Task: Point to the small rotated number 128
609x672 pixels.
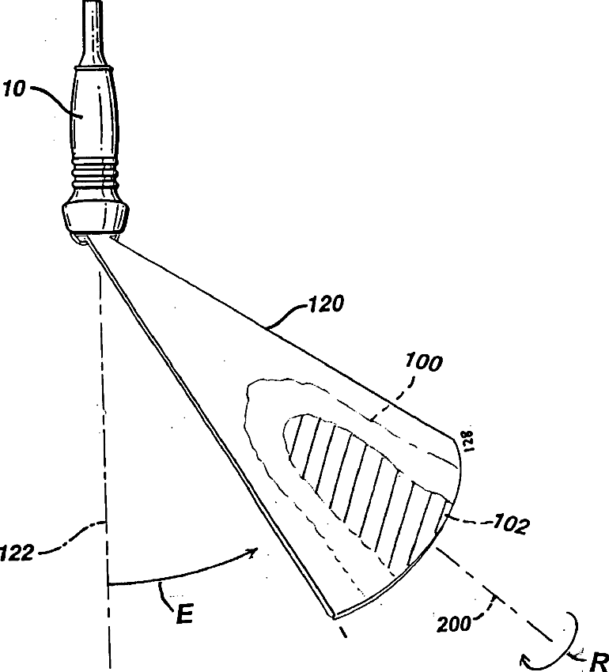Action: pyautogui.click(x=467, y=440)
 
